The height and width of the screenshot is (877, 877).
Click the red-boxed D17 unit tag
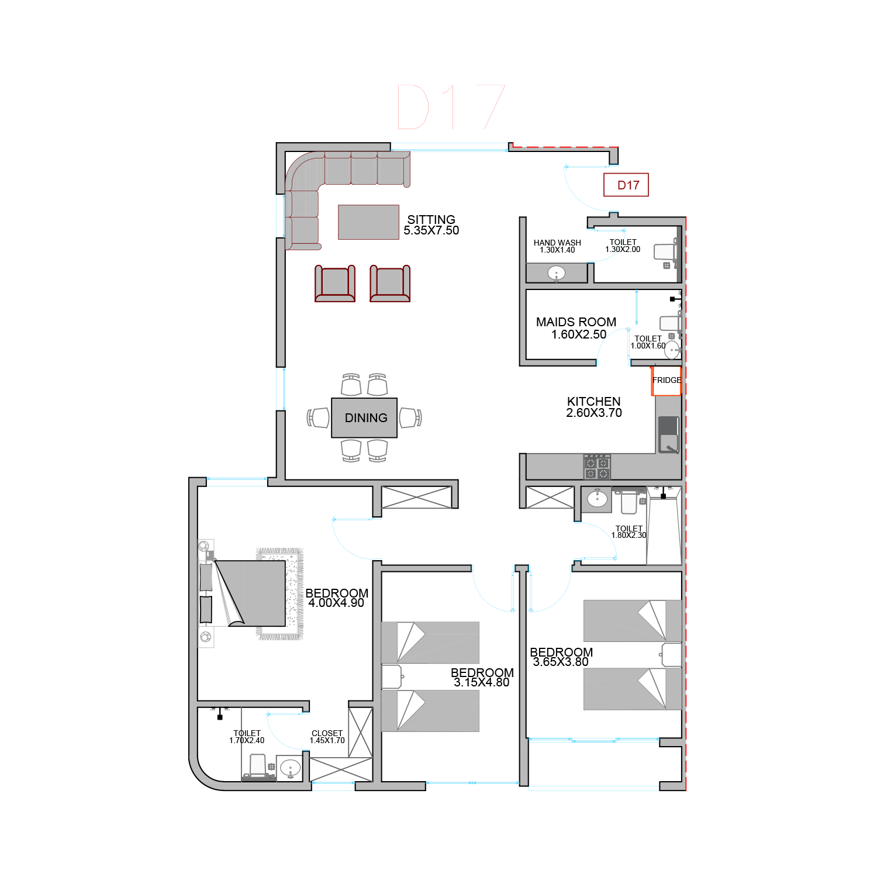coord(626,185)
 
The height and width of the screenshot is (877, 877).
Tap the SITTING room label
coord(431,220)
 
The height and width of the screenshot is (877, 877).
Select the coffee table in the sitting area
coord(368,222)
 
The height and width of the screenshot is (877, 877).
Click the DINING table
coord(364,417)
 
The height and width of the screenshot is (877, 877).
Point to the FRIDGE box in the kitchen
coord(667,381)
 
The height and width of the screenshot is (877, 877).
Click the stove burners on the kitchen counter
coord(597,467)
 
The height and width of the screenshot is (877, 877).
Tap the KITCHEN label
coord(594,402)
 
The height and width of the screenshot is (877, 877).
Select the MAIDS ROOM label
coord(576,322)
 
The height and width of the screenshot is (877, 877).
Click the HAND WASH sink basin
coord(556,273)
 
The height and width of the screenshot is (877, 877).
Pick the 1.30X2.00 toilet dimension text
coord(623,250)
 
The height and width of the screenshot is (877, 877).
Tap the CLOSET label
coord(327,733)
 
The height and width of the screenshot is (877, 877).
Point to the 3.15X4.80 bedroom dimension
coord(482,682)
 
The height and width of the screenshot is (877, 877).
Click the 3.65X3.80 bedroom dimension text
coord(561,662)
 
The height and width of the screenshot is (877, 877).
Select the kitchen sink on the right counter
coord(669,435)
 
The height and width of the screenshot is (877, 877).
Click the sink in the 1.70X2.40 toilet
coord(290,768)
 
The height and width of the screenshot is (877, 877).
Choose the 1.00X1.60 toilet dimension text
coord(648,346)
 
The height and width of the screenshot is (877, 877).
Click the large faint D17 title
coord(451,107)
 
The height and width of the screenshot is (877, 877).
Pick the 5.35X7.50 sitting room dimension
coord(431,231)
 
